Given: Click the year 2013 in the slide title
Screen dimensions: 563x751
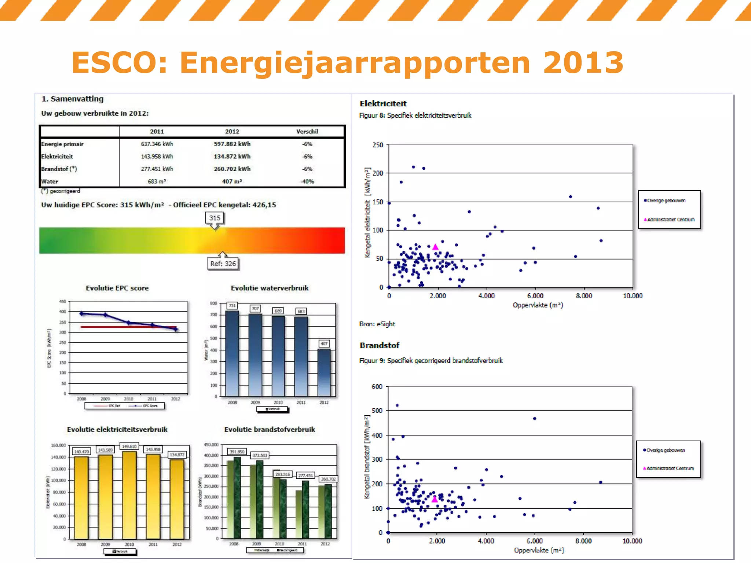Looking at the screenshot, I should tap(583, 62).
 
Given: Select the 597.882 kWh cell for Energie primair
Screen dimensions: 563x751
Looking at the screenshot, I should tap(232, 144).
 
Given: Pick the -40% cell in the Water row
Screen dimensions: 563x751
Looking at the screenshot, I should tap(307, 181).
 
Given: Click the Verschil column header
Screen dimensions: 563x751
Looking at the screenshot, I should tap(307, 131).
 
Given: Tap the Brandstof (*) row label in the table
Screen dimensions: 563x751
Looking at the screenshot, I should tap(59, 169).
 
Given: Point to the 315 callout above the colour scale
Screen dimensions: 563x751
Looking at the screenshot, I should tap(215, 218).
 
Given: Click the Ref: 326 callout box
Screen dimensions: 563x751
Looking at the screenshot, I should tap(223, 264).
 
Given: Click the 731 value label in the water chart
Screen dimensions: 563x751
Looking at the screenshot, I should tap(232, 306).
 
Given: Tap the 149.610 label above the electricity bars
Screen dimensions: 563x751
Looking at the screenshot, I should tap(129, 446).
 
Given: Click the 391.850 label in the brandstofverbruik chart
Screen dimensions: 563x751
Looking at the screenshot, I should tap(237, 452).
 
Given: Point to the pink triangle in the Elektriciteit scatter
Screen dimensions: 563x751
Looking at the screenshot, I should tap(435, 247).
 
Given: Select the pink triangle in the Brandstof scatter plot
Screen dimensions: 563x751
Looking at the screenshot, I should tap(435, 499).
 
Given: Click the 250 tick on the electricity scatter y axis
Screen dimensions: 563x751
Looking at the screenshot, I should tap(378, 145).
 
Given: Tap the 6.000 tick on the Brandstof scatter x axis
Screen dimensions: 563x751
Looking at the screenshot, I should tap(534, 541).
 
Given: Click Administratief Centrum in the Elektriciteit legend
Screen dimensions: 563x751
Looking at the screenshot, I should tap(670, 220).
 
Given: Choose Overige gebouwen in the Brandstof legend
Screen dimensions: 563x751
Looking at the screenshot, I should tap(665, 450).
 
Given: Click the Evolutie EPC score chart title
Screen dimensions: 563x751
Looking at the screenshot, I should tap(117, 288).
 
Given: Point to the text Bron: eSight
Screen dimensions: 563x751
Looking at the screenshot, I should tap(377, 324).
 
